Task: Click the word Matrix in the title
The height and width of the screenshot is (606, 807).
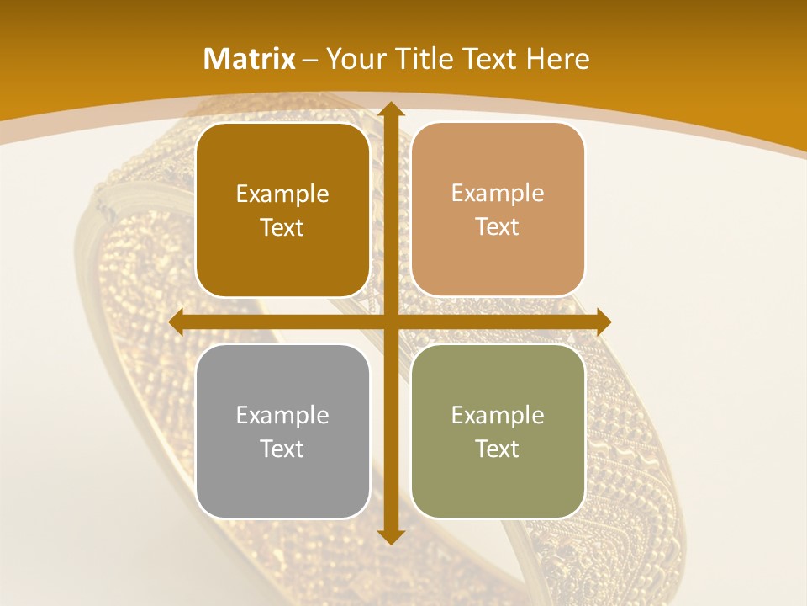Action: click(x=250, y=59)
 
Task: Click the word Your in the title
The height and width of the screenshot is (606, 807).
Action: click(x=354, y=59)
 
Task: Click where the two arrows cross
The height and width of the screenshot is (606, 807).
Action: click(x=391, y=322)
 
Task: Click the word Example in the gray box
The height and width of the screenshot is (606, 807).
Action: click(x=282, y=415)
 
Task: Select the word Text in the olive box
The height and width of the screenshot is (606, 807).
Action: click(x=498, y=449)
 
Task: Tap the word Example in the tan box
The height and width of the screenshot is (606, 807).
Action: click(x=498, y=194)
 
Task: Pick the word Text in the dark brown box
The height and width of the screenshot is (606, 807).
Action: click(x=282, y=228)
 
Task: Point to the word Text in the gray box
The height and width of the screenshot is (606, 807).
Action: click(x=282, y=449)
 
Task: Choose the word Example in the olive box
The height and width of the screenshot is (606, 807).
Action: click(x=498, y=415)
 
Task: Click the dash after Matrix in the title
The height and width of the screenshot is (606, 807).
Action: click(x=310, y=60)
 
